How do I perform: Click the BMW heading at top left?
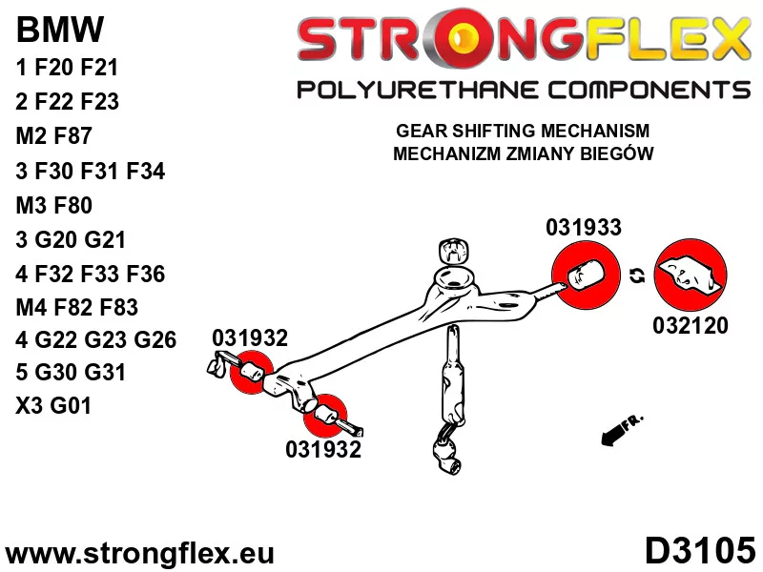(x=60, y=30)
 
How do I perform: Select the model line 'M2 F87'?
(x=54, y=135)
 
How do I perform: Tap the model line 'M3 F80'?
(x=54, y=205)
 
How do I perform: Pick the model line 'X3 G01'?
(x=53, y=405)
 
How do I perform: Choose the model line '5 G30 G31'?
(x=71, y=372)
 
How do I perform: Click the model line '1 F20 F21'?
(x=67, y=67)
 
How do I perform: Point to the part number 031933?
(x=584, y=227)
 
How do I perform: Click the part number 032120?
(x=691, y=325)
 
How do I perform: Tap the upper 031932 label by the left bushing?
(x=250, y=337)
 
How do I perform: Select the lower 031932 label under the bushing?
(x=323, y=449)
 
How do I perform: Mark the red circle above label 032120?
(x=690, y=275)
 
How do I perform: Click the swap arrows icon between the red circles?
(x=637, y=276)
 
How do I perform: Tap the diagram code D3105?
(x=700, y=551)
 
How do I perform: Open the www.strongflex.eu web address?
(x=139, y=554)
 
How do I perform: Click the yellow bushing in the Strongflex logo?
(x=463, y=39)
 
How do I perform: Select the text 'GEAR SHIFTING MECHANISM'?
(x=523, y=131)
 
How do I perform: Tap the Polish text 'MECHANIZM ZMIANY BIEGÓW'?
(x=523, y=153)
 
